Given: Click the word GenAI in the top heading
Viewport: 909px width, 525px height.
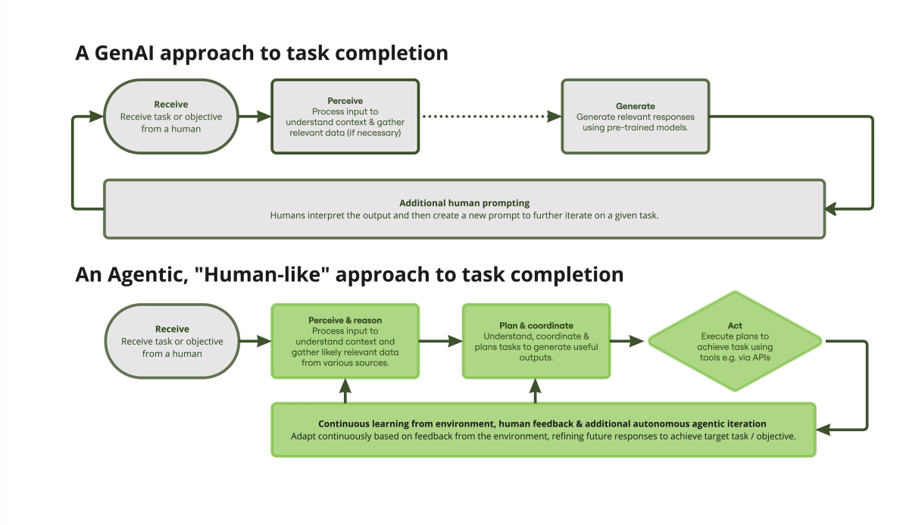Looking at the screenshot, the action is pyautogui.click(x=124, y=53).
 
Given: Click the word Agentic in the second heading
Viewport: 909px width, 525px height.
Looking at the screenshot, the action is pyautogui.click(x=148, y=276).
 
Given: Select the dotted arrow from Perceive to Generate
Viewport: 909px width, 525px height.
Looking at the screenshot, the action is pyautogui.click(x=492, y=117).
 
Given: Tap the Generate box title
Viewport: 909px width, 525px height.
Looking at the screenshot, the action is pyautogui.click(x=635, y=106).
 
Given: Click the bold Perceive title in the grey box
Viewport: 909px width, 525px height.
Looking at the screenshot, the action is pyautogui.click(x=345, y=101).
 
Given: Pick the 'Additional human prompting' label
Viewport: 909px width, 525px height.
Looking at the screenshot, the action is pyautogui.click(x=464, y=203).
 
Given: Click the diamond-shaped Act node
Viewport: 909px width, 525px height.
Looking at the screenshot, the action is pyautogui.click(x=735, y=341).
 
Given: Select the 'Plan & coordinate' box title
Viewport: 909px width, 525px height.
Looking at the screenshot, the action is pyautogui.click(x=536, y=326).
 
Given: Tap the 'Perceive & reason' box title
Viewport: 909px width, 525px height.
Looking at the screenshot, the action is pyautogui.click(x=345, y=320).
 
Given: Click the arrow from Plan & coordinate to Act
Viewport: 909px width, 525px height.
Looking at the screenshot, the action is pyautogui.click(x=627, y=341).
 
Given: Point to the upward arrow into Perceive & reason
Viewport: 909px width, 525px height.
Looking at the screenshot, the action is pyautogui.click(x=345, y=391).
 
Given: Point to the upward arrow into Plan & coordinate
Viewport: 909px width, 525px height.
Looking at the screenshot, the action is pyautogui.click(x=536, y=391).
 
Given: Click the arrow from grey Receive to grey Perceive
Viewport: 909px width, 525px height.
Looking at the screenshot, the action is pyautogui.click(x=255, y=117).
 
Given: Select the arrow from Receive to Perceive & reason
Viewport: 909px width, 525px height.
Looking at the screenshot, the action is pyautogui.click(x=255, y=341).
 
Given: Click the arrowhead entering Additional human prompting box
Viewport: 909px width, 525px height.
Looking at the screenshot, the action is pyautogui.click(x=831, y=209).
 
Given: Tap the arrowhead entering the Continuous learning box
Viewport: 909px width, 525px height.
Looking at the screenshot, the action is pyautogui.click(x=822, y=430).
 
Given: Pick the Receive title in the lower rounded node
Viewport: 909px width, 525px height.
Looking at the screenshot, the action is pyautogui.click(x=172, y=329).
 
